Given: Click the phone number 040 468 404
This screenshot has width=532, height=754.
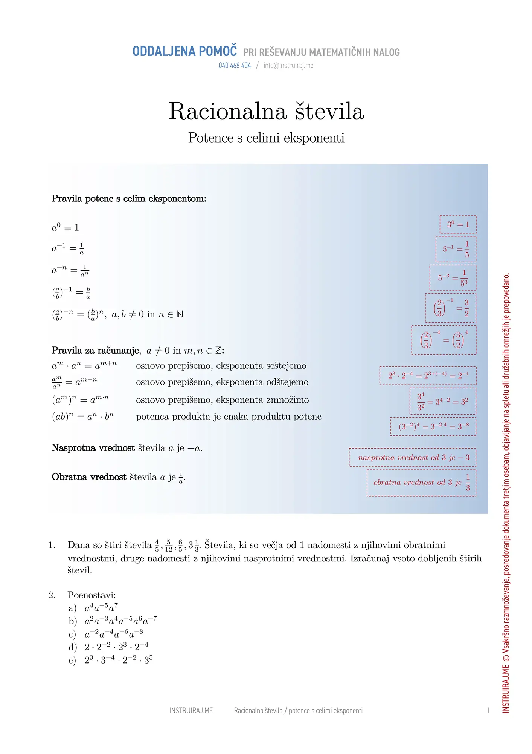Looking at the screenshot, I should [235, 66].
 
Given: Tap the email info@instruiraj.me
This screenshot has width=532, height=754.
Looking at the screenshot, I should [288, 66].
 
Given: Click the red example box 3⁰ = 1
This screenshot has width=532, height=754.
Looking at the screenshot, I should [458, 224].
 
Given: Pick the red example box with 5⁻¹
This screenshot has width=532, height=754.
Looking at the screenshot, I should [456, 249].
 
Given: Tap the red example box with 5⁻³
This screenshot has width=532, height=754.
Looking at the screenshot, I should [453, 278].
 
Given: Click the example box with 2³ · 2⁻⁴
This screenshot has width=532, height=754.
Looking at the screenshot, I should [428, 375].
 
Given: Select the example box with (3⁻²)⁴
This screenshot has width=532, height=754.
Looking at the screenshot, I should [433, 427].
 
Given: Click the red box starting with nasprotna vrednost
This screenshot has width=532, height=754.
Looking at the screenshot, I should [413, 457].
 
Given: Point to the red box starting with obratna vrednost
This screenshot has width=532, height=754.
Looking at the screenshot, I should [421, 483].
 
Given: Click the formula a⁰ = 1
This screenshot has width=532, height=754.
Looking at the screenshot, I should [65, 228].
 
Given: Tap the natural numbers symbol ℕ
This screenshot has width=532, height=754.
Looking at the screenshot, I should [180, 314].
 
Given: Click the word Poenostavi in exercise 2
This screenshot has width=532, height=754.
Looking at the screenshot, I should [91, 595].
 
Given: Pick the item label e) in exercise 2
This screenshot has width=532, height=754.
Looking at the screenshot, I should [72, 661].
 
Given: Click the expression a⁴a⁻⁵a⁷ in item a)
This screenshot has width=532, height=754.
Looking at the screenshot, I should [101, 608].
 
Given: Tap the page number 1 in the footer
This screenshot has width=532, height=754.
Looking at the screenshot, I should [488, 711].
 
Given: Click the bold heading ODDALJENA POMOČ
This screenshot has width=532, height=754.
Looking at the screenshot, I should [184, 51].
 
